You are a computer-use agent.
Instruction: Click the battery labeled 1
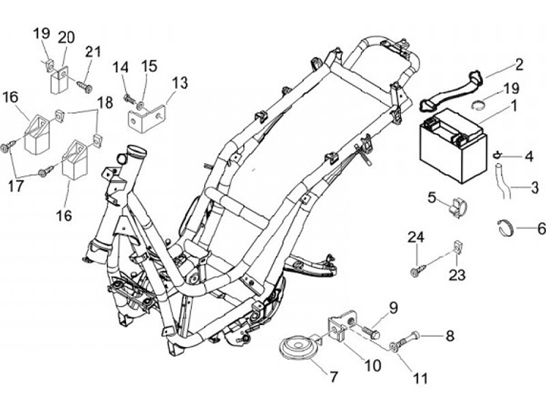pos(453,146)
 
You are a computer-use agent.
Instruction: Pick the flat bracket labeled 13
pos(146,117)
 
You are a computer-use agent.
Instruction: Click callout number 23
pos(457,275)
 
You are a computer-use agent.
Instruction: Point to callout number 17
pos(16,186)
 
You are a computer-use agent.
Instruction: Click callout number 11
pos(420,378)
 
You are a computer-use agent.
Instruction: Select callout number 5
pos(431,198)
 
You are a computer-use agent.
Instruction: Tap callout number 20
pos(67,37)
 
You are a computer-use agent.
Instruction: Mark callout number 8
pos(450,336)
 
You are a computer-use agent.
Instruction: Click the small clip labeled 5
pos(457,207)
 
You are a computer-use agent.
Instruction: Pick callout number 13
pos(180,83)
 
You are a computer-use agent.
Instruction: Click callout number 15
pos(149,66)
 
